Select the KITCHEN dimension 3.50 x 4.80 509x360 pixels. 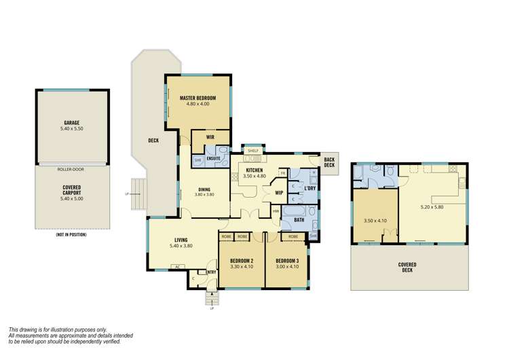[x=254, y=176]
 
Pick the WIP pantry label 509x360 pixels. [x=278, y=193]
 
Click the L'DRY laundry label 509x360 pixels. [x=303, y=188]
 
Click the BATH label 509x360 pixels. [x=299, y=219]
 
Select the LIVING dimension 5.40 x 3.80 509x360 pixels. [x=181, y=246]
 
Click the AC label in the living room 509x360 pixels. [x=177, y=266]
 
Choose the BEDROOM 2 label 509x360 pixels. [x=241, y=261]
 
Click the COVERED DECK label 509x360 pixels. [x=408, y=267]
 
